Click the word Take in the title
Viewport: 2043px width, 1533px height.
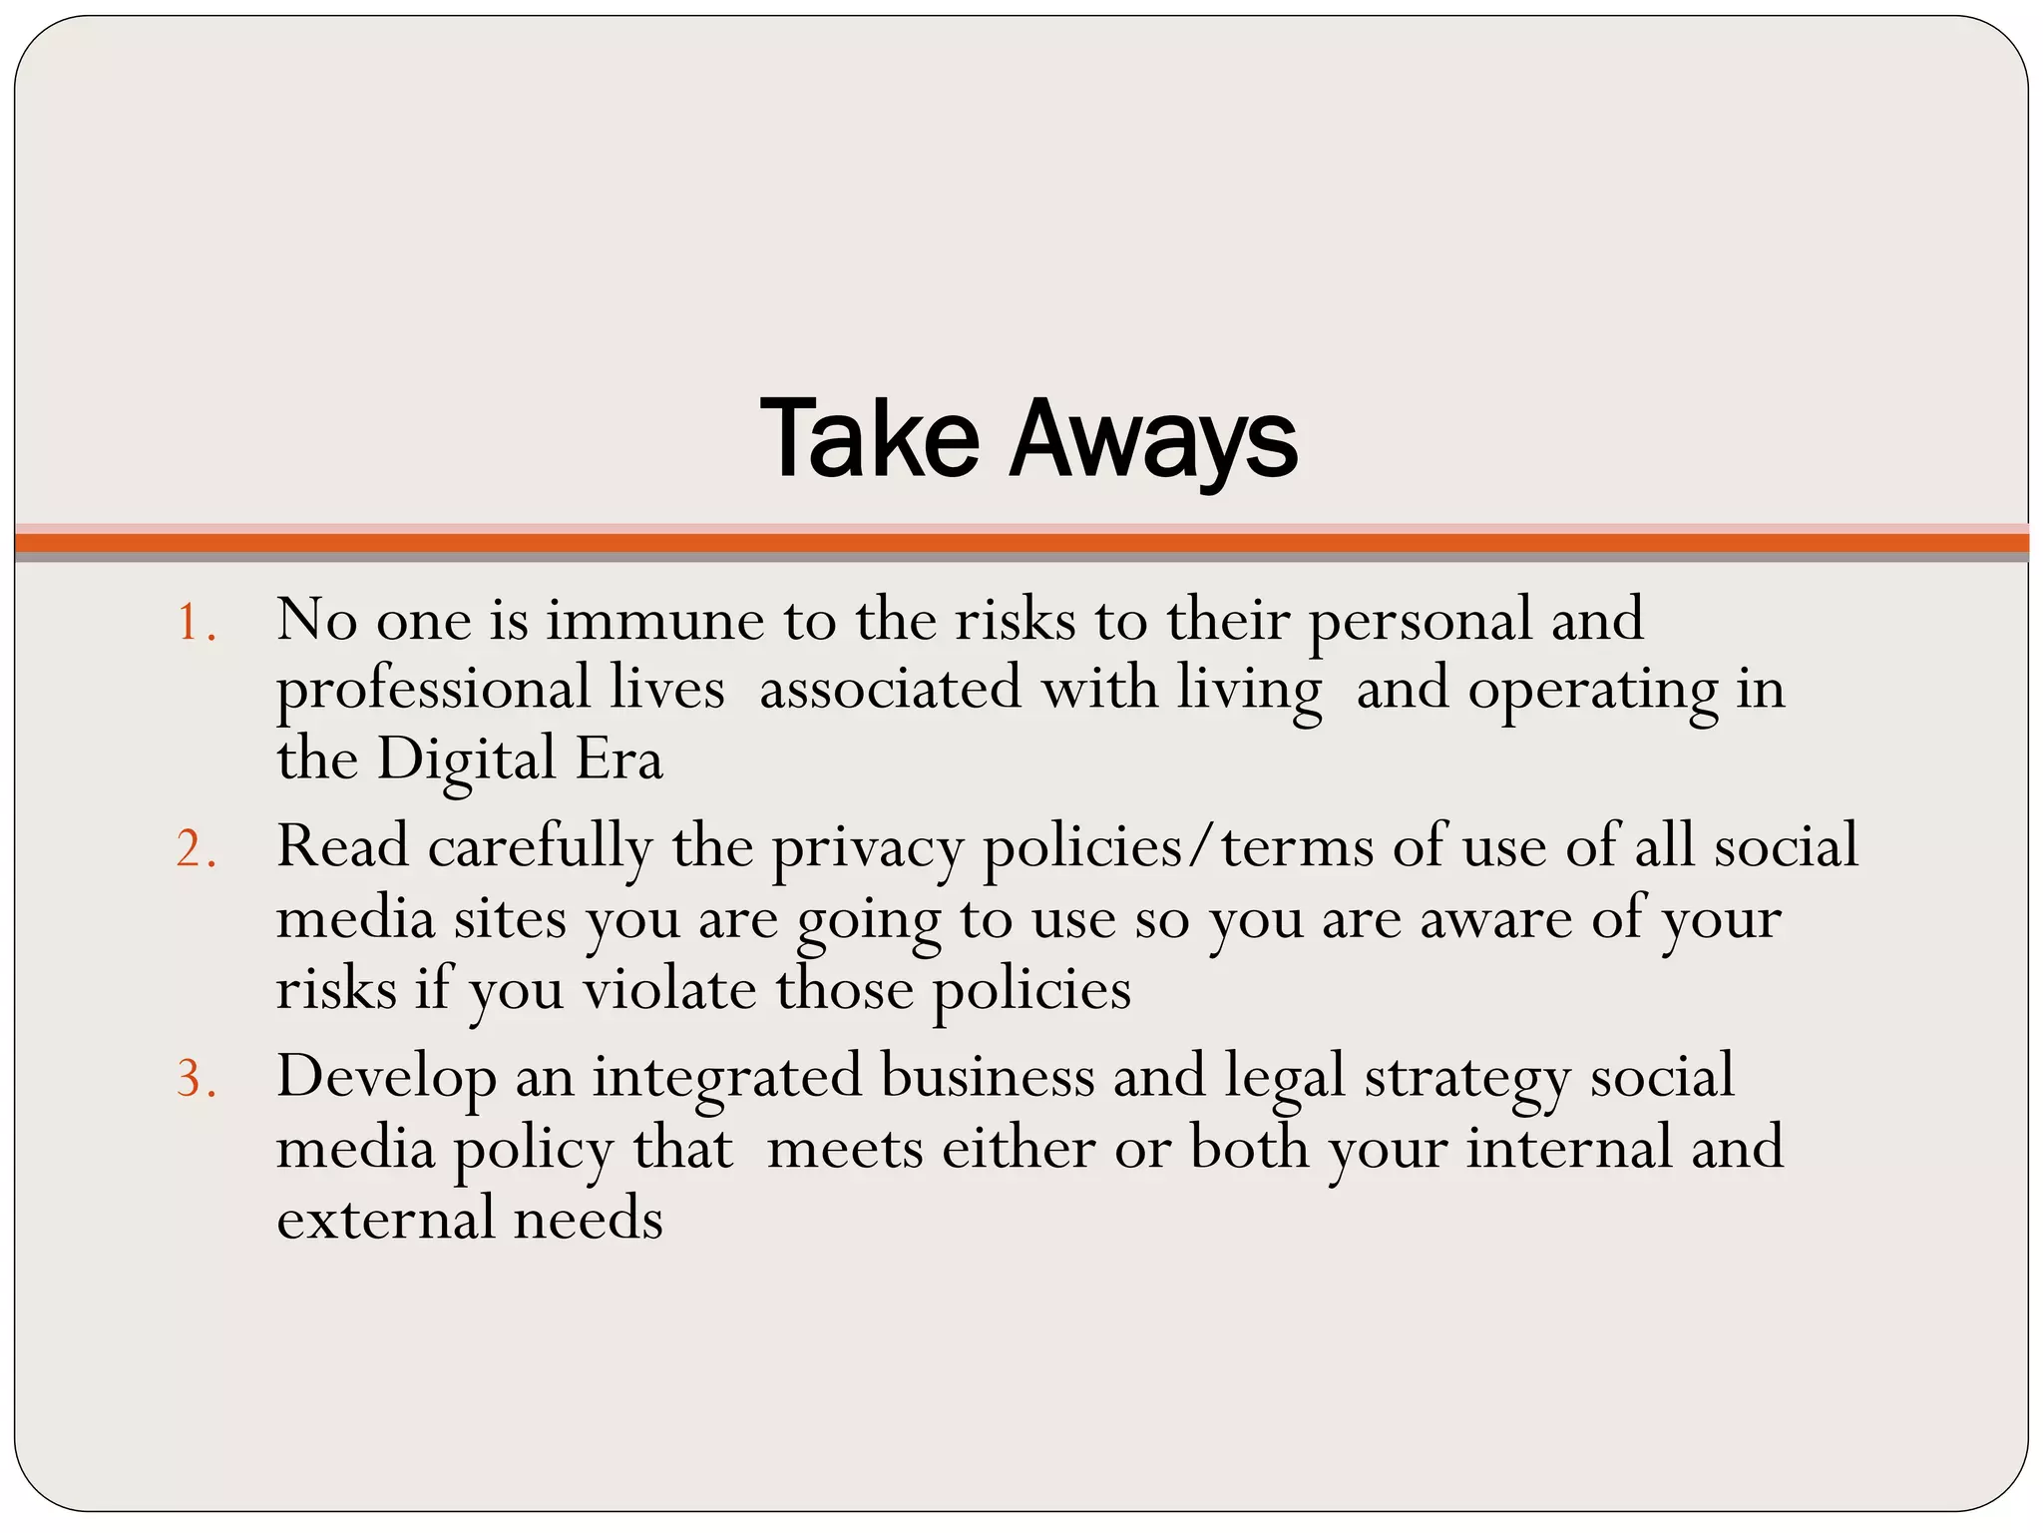click(869, 439)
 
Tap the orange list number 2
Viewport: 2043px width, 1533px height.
click(195, 850)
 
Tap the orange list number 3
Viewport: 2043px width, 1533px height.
click(195, 1080)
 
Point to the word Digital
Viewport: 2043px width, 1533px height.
click(466, 761)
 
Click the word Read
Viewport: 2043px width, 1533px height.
click(342, 846)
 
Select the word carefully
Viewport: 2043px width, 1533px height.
click(540, 848)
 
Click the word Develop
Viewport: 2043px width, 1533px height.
click(386, 1078)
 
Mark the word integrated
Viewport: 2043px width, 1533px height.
click(727, 1078)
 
